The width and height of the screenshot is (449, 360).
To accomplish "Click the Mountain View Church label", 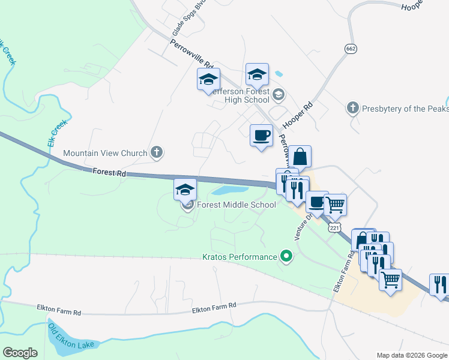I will click(105, 153).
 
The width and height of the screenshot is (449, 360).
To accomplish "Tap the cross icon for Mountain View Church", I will click(156, 152).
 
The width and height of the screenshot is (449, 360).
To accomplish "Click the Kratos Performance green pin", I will click(286, 257).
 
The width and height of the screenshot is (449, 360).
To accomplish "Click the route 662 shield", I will click(351, 47).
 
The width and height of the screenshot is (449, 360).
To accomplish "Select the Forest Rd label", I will click(109, 173).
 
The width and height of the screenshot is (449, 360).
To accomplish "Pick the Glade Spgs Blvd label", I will click(181, 17).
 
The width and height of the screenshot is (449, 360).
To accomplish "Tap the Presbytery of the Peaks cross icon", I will click(352, 109).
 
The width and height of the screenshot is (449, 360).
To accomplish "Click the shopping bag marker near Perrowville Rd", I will click(300, 157).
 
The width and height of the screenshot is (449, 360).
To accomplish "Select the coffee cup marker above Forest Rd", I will click(261, 136).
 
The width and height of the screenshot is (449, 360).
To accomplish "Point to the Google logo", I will click(20, 353).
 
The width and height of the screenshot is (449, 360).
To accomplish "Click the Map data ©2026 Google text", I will click(411, 355).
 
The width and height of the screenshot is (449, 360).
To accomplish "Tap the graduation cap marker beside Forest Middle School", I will click(185, 190).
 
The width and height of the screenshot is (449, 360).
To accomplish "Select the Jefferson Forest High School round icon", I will click(279, 94).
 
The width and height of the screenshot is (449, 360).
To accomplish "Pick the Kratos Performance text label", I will click(239, 257).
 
